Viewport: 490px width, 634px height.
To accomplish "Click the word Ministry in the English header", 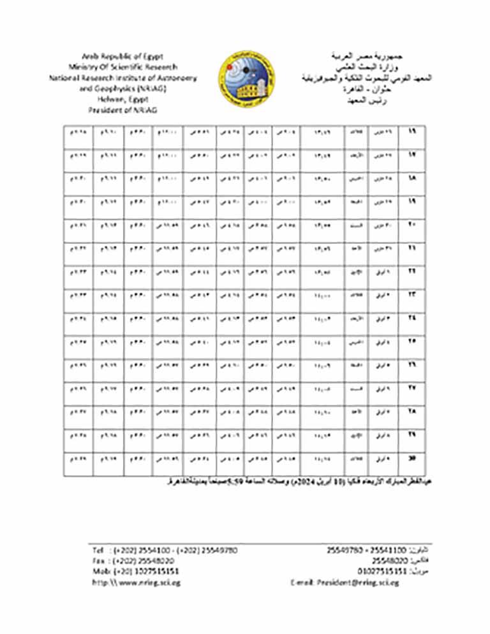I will pyautogui.click(x=84, y=67).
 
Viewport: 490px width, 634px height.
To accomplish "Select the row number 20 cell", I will pyautogui.click(x=411, y=227).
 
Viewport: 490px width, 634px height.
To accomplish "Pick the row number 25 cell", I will pyautogui.click(x=411, y=343).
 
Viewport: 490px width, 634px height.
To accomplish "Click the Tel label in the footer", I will pyautogui.click(x=98, y=550).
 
